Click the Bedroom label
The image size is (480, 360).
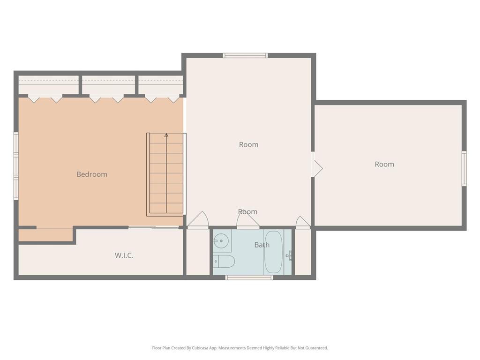pyautogui.click(x=92, y=174)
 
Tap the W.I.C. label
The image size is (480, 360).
pyautogui.click(x=124, y=255)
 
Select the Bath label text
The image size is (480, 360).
pyautogui.click(x=262, y=245)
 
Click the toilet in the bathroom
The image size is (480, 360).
pyautogui.click(x=224, y=262)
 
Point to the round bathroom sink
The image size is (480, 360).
pyautogui.click(x=221, y=241)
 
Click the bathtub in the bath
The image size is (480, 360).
pyautogui.click(x=273, y=252)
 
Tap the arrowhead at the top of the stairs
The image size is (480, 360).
pyautogui.click(x=166, y=135)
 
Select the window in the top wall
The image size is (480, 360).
pyautogui.click(x=246, y=55)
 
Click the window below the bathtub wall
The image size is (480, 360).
pyautogui.click(x=249, y=277)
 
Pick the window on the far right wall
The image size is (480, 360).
pyautogui.click(x=464, y=168)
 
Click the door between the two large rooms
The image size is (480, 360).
pyautogui.click(x=317, y=168)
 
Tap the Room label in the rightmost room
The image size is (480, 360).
pyautogui.click(x=384, y=165)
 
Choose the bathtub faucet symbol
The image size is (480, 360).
pyautogui.click(x=289, y=255)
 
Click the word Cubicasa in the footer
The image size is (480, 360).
pyautogui.click(x=201, y=348)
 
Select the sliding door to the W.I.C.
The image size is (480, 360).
pyautogui.click(x=153, y=227)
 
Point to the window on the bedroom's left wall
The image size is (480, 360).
pyautogui.click(x=16, y=166)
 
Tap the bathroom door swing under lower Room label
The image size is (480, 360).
pyautogui.click(x=248, y=220)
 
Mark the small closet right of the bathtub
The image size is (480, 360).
pyautogui.click(x=303, y=252)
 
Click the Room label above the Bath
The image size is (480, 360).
pyautogui.click(x=247, y=212)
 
